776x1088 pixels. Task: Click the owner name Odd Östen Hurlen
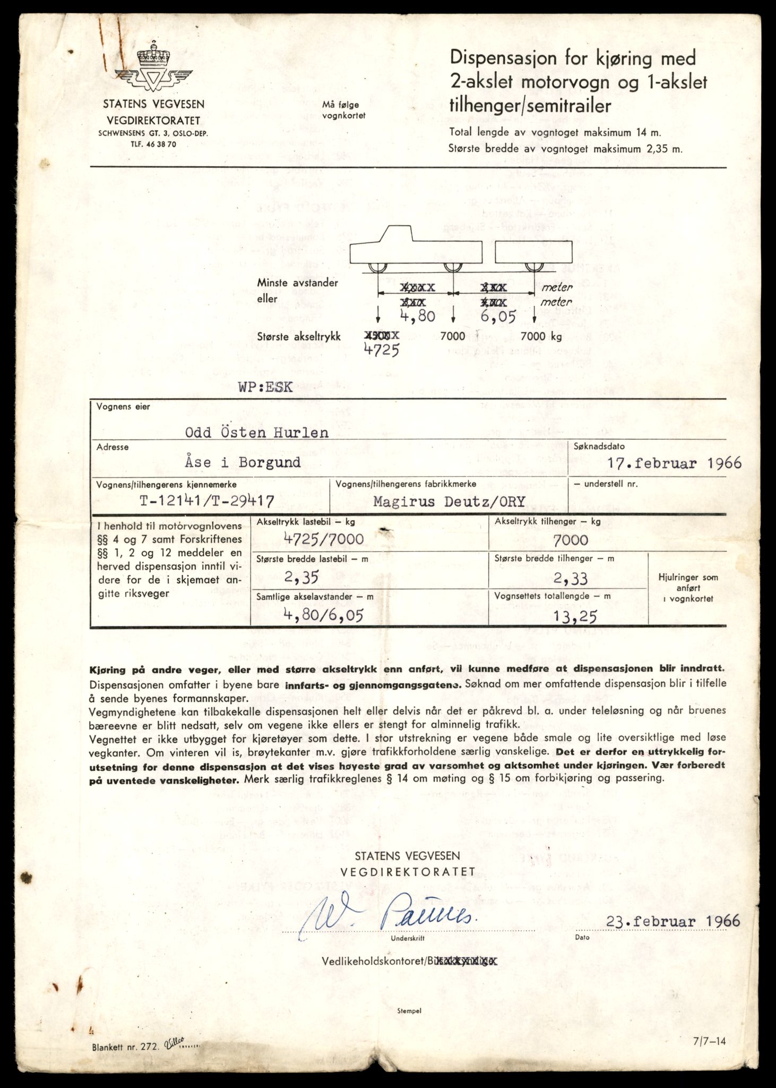[256, 432]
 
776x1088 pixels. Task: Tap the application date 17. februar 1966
[674, 463]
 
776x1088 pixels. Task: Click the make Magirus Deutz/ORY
[449, 501]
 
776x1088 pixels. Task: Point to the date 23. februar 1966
[672, 921]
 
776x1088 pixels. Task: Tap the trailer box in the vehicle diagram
[534, 251]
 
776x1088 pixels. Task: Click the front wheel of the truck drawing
[378, 267]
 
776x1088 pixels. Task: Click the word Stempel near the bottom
[409, 1011]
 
